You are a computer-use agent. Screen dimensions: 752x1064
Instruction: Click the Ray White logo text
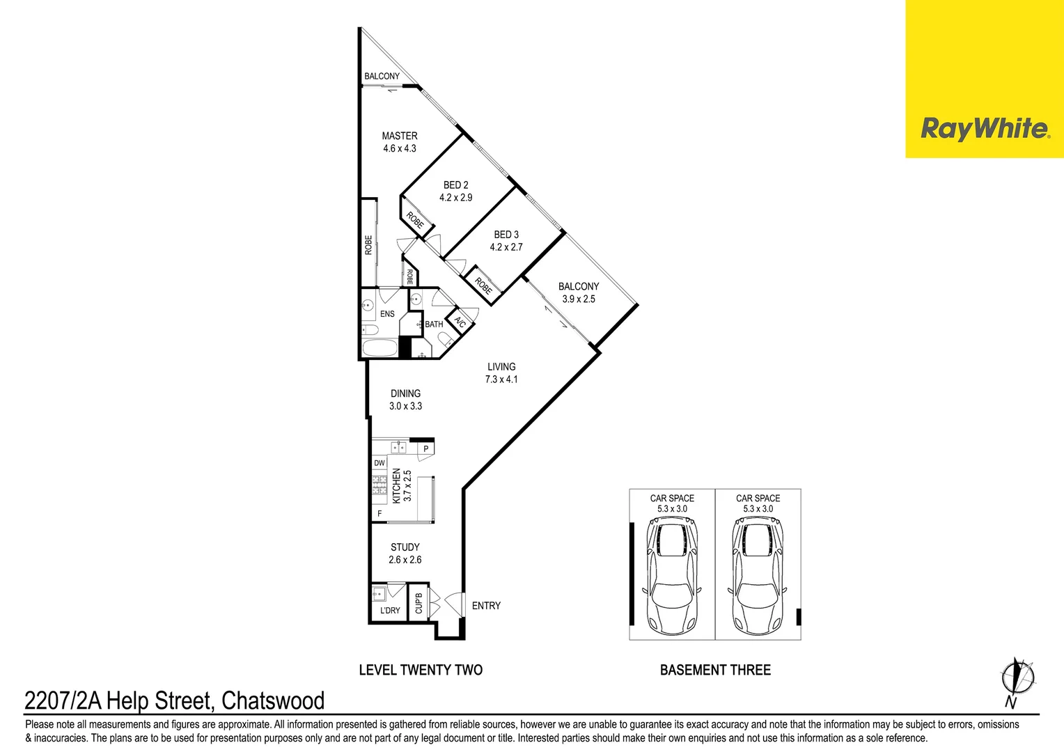(984, 129)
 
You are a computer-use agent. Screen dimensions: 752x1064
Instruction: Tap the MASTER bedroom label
(400, 136)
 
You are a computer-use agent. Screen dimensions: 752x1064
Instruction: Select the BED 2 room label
(455, 185)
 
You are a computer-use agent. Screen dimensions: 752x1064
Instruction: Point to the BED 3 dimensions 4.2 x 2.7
(506, 247)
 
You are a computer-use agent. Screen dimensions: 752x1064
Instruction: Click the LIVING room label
(501, 367)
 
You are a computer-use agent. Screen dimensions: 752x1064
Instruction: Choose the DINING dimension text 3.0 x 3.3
(405, 406)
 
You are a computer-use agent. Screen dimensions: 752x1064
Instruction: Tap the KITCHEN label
(396, 485)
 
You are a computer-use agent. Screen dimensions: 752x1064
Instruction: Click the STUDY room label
(405, 547)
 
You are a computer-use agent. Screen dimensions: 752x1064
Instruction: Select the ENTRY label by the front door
(486, 606)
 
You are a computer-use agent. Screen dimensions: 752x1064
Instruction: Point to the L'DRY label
(390, 611)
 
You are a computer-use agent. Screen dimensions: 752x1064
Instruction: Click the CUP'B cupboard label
(418, 603)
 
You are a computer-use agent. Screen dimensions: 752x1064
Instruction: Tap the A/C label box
(460, 322)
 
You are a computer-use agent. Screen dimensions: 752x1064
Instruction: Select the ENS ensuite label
(387, 314)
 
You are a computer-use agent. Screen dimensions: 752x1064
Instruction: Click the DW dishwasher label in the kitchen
(380, 463)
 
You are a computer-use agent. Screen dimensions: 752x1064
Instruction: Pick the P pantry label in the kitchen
(426, 450)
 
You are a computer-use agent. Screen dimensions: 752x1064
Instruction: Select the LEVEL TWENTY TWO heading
(421, 670)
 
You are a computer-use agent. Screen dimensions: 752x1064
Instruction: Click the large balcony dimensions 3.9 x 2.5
(579, 299)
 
